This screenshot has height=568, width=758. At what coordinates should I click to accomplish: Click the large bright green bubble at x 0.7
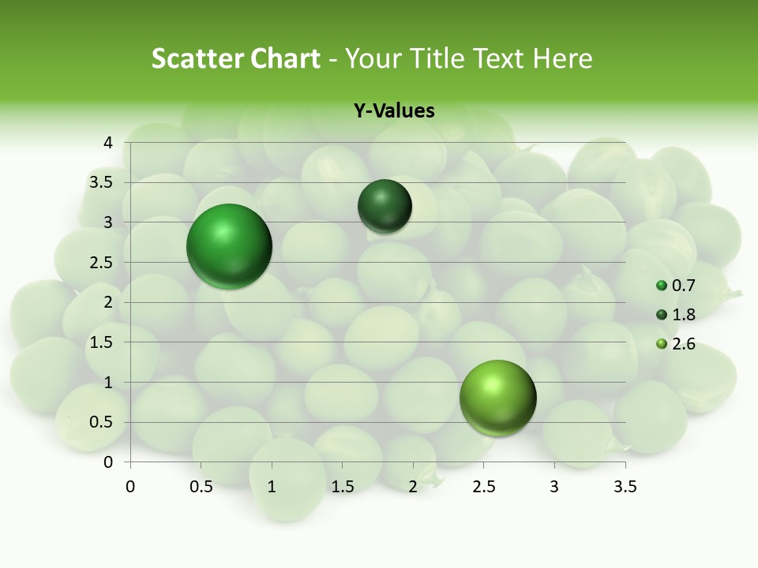coord(230,246)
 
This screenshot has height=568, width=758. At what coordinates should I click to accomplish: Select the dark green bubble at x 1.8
coord(385,207)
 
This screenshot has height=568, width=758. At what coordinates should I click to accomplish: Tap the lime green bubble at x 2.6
coord(497,398)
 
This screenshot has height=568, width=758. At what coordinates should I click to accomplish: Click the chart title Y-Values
coord(393,111)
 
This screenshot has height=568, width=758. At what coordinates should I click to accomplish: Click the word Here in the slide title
coord(563,58)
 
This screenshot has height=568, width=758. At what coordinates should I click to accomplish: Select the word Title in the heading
coord(439,58)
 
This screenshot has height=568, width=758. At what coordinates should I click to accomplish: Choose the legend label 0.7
coord(683,286)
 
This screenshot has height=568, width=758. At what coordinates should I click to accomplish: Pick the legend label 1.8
coord(683,315)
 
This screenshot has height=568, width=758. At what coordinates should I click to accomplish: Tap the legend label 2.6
coord(683,344)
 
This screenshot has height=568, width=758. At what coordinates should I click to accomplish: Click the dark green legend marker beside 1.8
coord(662,316)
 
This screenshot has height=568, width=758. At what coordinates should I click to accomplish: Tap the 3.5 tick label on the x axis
coord(625,486)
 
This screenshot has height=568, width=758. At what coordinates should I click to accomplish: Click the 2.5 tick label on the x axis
coord(483,486)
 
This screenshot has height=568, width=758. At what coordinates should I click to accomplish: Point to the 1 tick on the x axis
coord(272,486)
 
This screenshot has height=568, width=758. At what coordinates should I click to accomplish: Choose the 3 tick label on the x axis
coord(554,486)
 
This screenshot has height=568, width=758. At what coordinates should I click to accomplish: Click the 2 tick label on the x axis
coord(413,486)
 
